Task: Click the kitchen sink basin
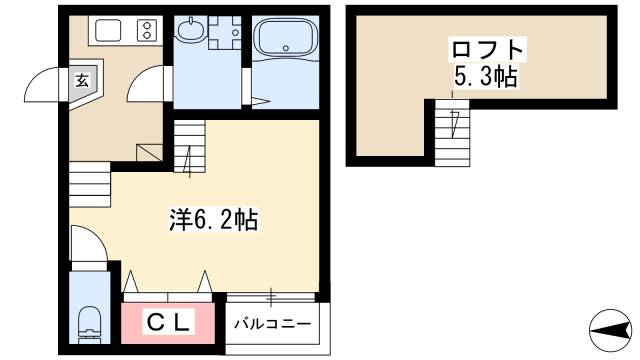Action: (108, 30)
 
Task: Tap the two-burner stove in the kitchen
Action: (147, 31)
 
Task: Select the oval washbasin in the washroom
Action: (191, 30)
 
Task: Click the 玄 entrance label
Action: (82, 81)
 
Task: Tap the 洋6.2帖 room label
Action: (213, 220)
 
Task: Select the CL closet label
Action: (168, 322)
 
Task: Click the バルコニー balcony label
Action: (272, 324)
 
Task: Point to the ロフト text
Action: (487, 49)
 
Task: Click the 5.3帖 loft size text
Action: (486, 76)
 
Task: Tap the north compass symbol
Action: (611, 330)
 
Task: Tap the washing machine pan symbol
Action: (224, 32)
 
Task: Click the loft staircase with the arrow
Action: (452, 133)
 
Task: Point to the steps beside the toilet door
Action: (90, 184)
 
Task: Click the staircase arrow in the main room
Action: (189, 161)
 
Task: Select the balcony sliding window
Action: (271, 297)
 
